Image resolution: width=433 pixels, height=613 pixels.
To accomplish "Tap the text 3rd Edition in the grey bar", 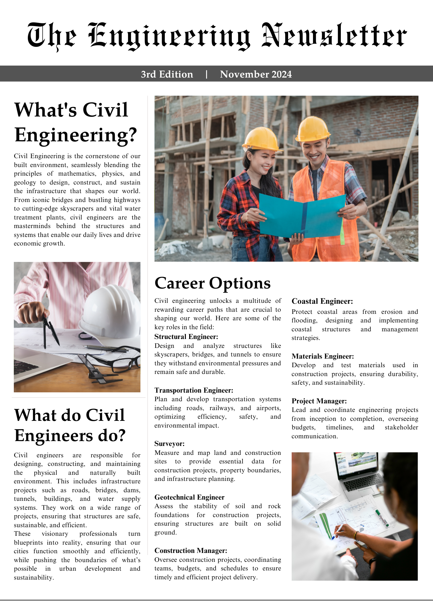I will click(167, 74).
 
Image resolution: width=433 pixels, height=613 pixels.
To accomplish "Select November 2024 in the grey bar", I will click(256, 74).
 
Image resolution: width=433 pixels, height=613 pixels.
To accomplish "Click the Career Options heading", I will click(213, 283).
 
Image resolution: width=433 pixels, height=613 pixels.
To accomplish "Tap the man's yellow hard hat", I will click(312, 129).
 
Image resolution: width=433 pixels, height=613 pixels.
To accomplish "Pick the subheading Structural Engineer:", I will click(186, 337).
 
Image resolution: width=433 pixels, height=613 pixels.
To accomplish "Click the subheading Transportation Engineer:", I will click(194, 390).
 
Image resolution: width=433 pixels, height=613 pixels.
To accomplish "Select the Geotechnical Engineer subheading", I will click(189, 497).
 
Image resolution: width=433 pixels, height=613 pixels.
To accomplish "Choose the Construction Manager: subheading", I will click(191, 550).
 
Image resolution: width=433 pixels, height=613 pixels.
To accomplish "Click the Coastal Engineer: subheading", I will click(322, 301).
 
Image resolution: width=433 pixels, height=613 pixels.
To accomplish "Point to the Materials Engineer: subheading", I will click(323, 356).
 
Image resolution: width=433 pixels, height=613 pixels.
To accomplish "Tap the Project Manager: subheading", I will click(319, 401).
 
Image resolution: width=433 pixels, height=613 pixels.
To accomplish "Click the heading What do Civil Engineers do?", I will click(70, 425).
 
